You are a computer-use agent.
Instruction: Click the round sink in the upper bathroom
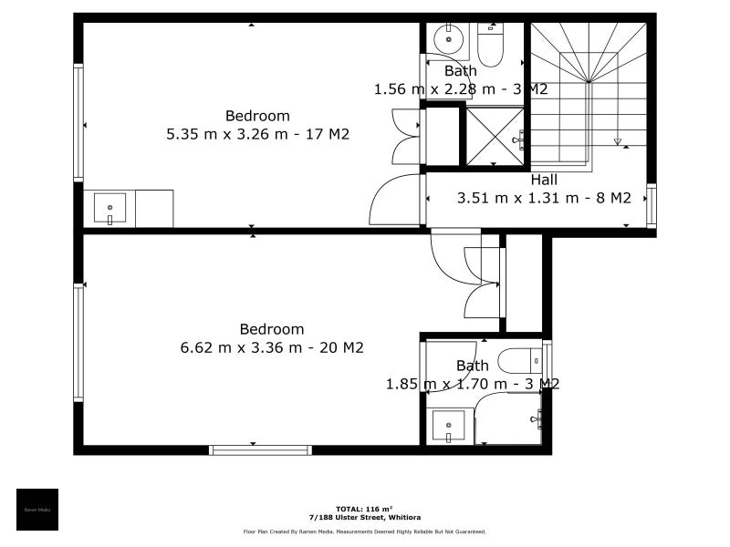[x=447, y=38]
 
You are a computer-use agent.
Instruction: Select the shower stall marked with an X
[x=495, y=136]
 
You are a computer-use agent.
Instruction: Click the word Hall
[x=544, y=180]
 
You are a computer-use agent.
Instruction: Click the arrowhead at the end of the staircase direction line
[x=618, y=141]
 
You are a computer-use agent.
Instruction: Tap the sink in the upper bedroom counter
[x=109, y=209]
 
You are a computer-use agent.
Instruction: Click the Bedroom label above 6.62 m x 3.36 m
[x=272, y=329]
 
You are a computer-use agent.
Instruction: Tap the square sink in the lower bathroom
[x=448, y=426]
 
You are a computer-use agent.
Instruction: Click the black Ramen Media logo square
[x=37, y=510]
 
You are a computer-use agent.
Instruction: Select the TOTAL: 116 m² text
[x=364, y=508]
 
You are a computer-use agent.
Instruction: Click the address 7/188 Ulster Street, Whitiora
[x=364, y=517]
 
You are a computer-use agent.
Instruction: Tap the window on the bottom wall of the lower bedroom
[x=260, y=449]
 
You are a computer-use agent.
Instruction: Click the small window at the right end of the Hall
[x=651, y=206]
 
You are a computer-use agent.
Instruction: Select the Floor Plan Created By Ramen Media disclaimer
[x=364, y=532]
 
